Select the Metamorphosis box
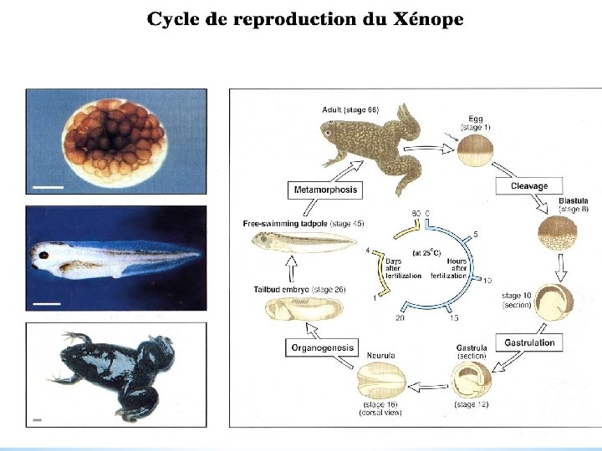325,190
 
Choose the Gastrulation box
530,342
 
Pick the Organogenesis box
322,347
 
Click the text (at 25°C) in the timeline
427,251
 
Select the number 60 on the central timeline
416,214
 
